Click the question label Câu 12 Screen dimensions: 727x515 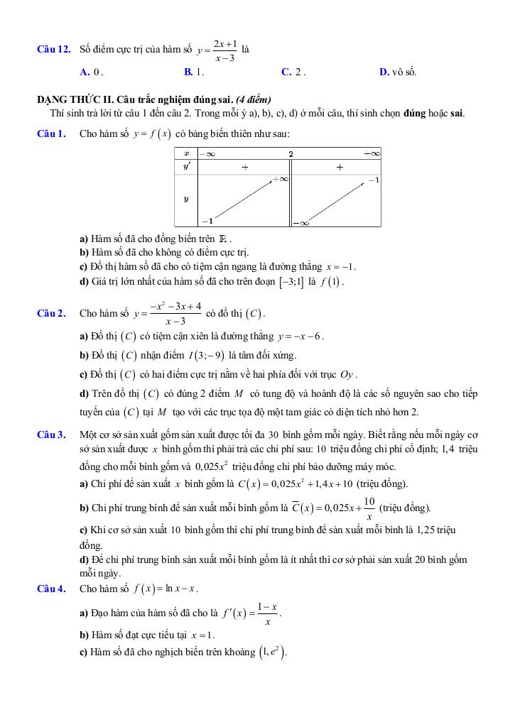pyautogui.click(x=53, y=50)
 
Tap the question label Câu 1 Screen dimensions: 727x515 pyautogui.click(x=51, y=133)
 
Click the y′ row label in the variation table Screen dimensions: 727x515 pyautogui.click(x=186, y=167)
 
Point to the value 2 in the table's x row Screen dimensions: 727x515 pyautogui.click(x=291, y=153)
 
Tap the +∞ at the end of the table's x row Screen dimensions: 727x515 pyautogui.click(x=372, y=153)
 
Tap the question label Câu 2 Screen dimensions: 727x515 pyautogui.click(x=51, y=313)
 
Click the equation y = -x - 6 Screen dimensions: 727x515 pyautogui.click(x=301, y=336)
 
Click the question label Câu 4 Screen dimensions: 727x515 pyautogui.click(x=51, y=589)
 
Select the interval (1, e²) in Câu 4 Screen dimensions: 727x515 pyautogui.click(x=273, y=652)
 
